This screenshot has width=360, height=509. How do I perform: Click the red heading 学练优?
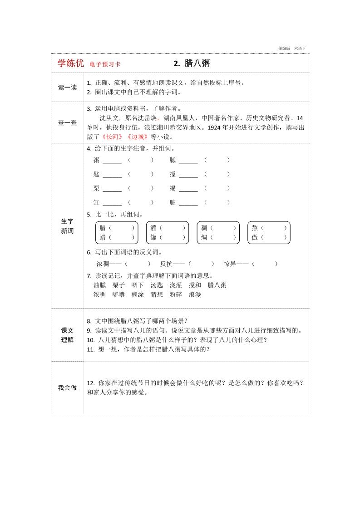coord(70,64)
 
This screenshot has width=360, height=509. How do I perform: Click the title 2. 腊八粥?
coord(192,64)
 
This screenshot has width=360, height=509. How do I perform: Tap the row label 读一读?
coord(67,88)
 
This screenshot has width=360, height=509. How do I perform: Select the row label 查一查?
coord(67,122)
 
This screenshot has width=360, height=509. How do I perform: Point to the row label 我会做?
coord(67,387)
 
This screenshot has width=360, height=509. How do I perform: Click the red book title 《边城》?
coord(137,137)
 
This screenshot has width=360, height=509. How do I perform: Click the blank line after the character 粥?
coord(112,161)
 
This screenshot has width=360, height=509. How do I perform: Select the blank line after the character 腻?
coord(188,161)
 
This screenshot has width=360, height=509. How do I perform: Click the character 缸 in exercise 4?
coord(96,203)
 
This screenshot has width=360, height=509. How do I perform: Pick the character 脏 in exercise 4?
coord(173,203)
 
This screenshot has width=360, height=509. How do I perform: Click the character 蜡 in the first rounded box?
coord(103,237)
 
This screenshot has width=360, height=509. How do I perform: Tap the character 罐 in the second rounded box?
coord(153,237)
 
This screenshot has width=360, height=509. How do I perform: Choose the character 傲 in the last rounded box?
coord(255,237)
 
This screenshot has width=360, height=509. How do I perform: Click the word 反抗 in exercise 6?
coord(166,264)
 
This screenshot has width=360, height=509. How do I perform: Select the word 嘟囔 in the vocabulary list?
coord(118,294)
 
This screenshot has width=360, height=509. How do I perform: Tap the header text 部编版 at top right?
coord(284,48)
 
